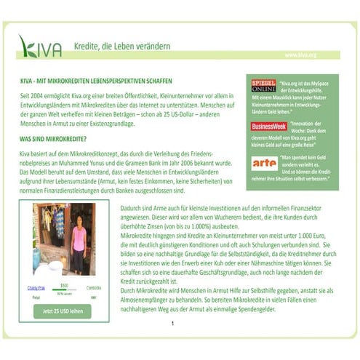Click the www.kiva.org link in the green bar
pyautogui.click(x=300, y=55)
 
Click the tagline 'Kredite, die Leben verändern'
pyautogui.click(x=121, y=47)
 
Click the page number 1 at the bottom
pyautogui.click(x=172, y=323)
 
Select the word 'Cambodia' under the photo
pyautogui.click(x=94, y=288)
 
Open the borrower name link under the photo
pyautogui.click(x=37, y=288)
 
